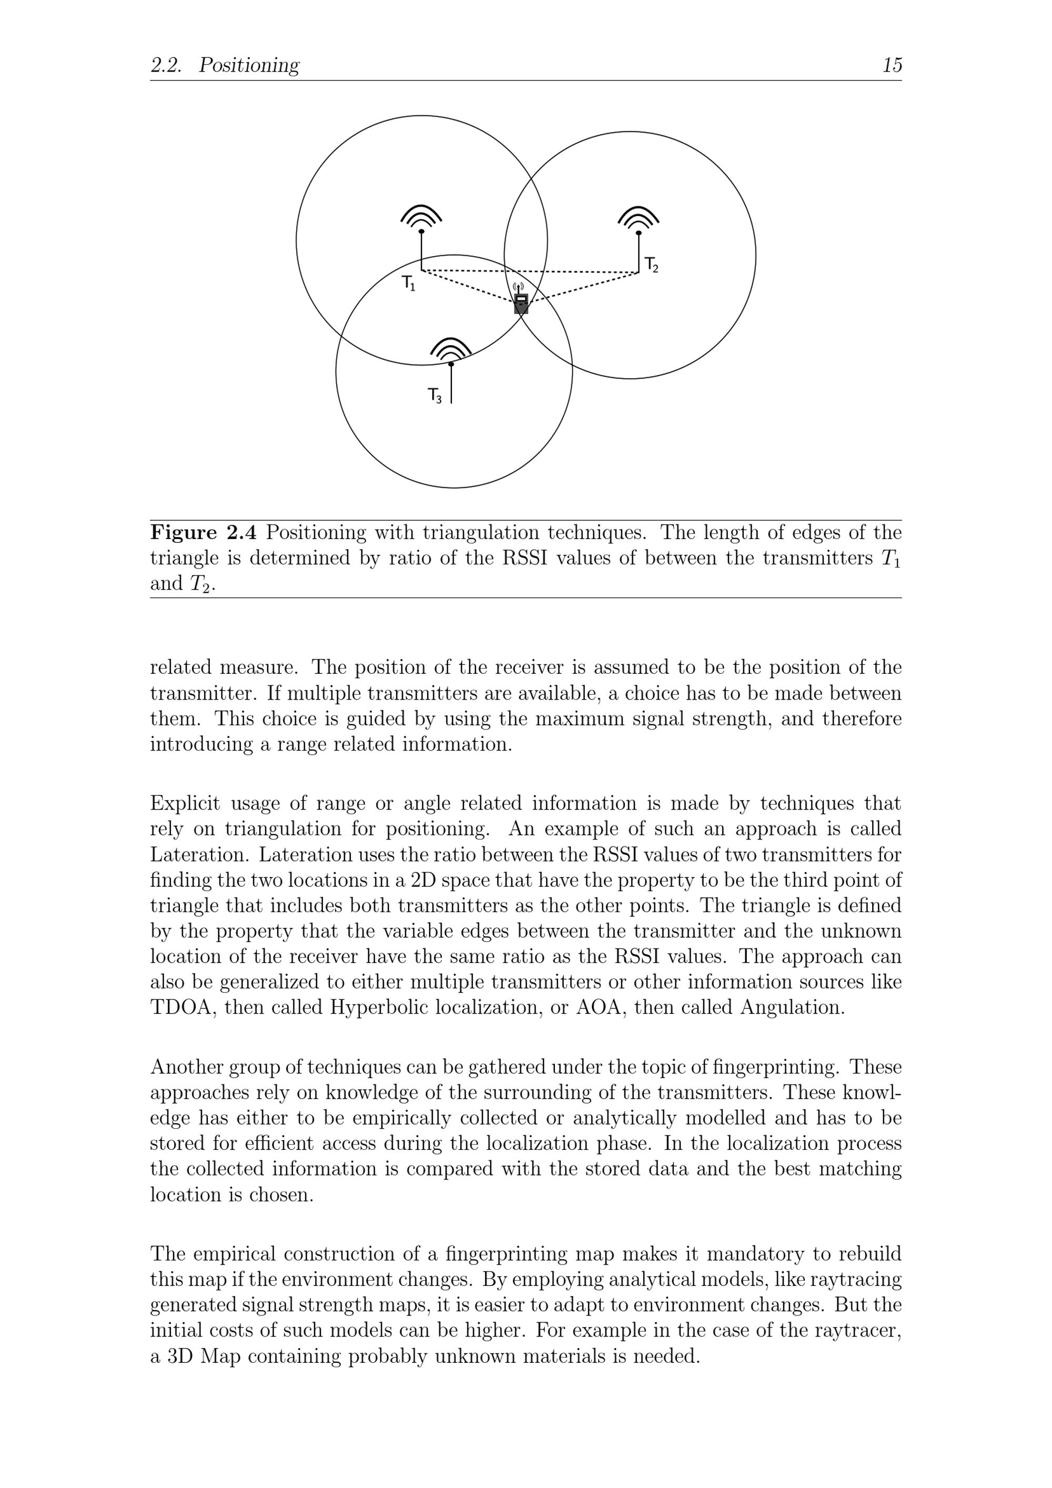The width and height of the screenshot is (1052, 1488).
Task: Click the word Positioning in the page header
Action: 249,65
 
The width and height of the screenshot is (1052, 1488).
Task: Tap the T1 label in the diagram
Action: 408,283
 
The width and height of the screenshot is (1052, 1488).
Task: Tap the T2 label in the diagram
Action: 651,265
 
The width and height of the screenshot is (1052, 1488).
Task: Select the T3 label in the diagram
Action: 435,396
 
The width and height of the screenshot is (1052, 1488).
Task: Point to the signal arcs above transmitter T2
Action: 639,217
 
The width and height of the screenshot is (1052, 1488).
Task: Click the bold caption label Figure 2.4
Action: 204,533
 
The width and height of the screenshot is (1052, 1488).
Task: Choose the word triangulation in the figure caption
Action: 481,533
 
